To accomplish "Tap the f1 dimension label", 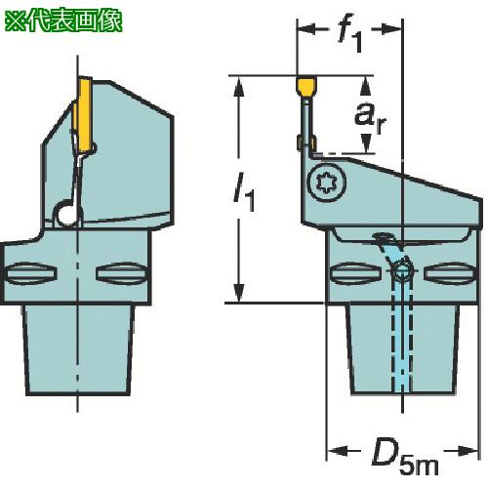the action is pos(349,36).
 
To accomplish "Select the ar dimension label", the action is pos(370,116).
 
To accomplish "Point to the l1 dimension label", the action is pos(244,192).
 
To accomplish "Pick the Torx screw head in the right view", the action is pos(327,183).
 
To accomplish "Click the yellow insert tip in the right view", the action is pos(306,86).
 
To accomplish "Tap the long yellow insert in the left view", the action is pos(84,115).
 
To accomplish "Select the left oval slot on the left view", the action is pos(31,274).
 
